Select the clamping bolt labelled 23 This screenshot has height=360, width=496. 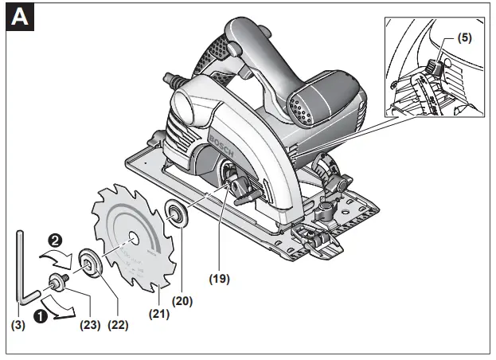61,280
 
